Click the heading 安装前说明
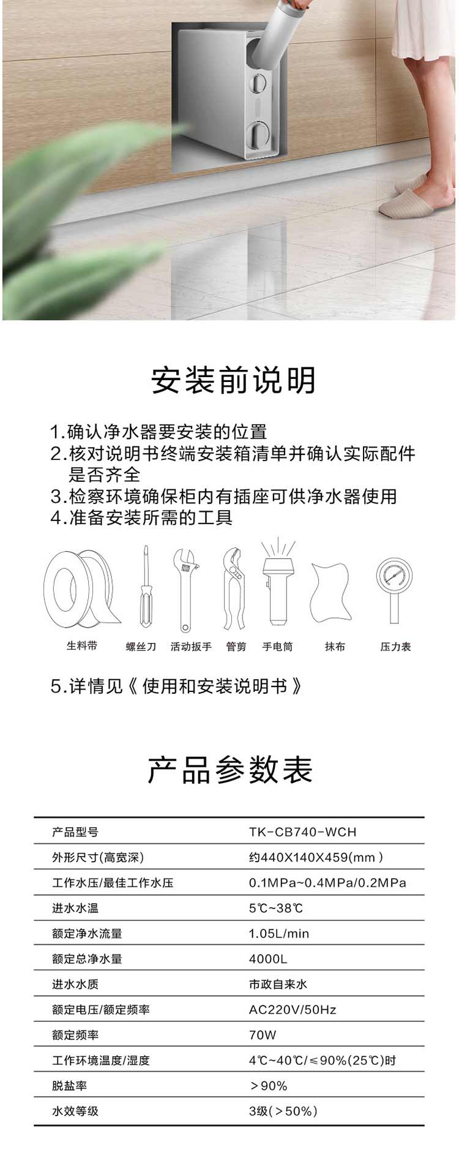tap(233, 380)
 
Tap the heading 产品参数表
tap(230, 770)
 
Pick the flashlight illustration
tap(277, 582)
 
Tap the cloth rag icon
tap(331, 592)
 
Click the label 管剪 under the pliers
tap(236, 647)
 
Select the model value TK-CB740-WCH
tap(302, 832)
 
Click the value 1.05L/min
tap(279, 933)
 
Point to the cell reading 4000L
tap(268, 959)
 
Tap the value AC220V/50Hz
tap(293, 1010)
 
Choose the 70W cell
tap(263, 1035)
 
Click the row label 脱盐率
tap(69, 1086)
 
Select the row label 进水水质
tap(75, 984)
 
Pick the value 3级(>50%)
tap(283, 1111)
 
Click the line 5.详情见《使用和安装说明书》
tap(176, 686)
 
